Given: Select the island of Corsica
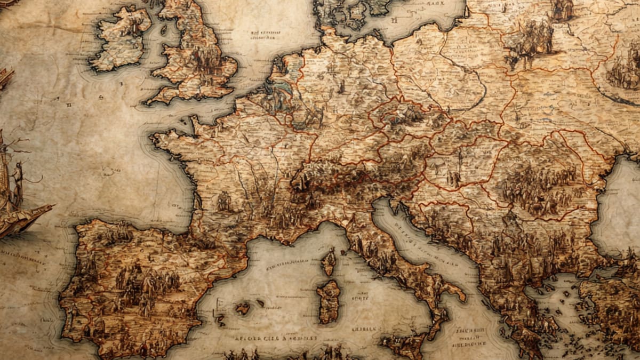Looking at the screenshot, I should pyautogui.click(x=329, y=262).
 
